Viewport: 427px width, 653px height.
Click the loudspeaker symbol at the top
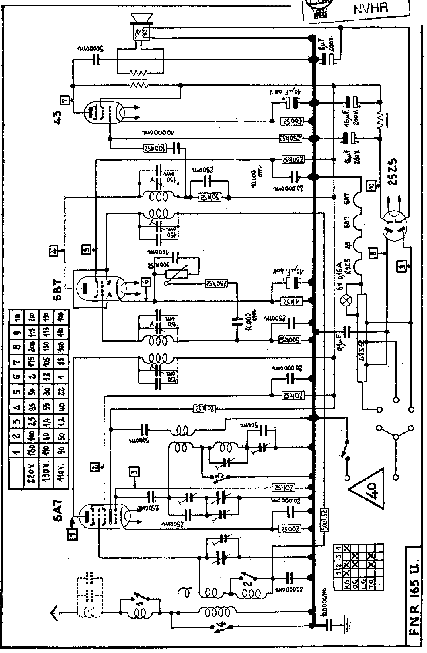tap(141, 19)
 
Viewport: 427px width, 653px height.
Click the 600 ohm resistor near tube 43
tap(292, 121)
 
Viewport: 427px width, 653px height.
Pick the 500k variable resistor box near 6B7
tap(176, 274)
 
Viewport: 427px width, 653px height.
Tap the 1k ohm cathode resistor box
tap(292, 301)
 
